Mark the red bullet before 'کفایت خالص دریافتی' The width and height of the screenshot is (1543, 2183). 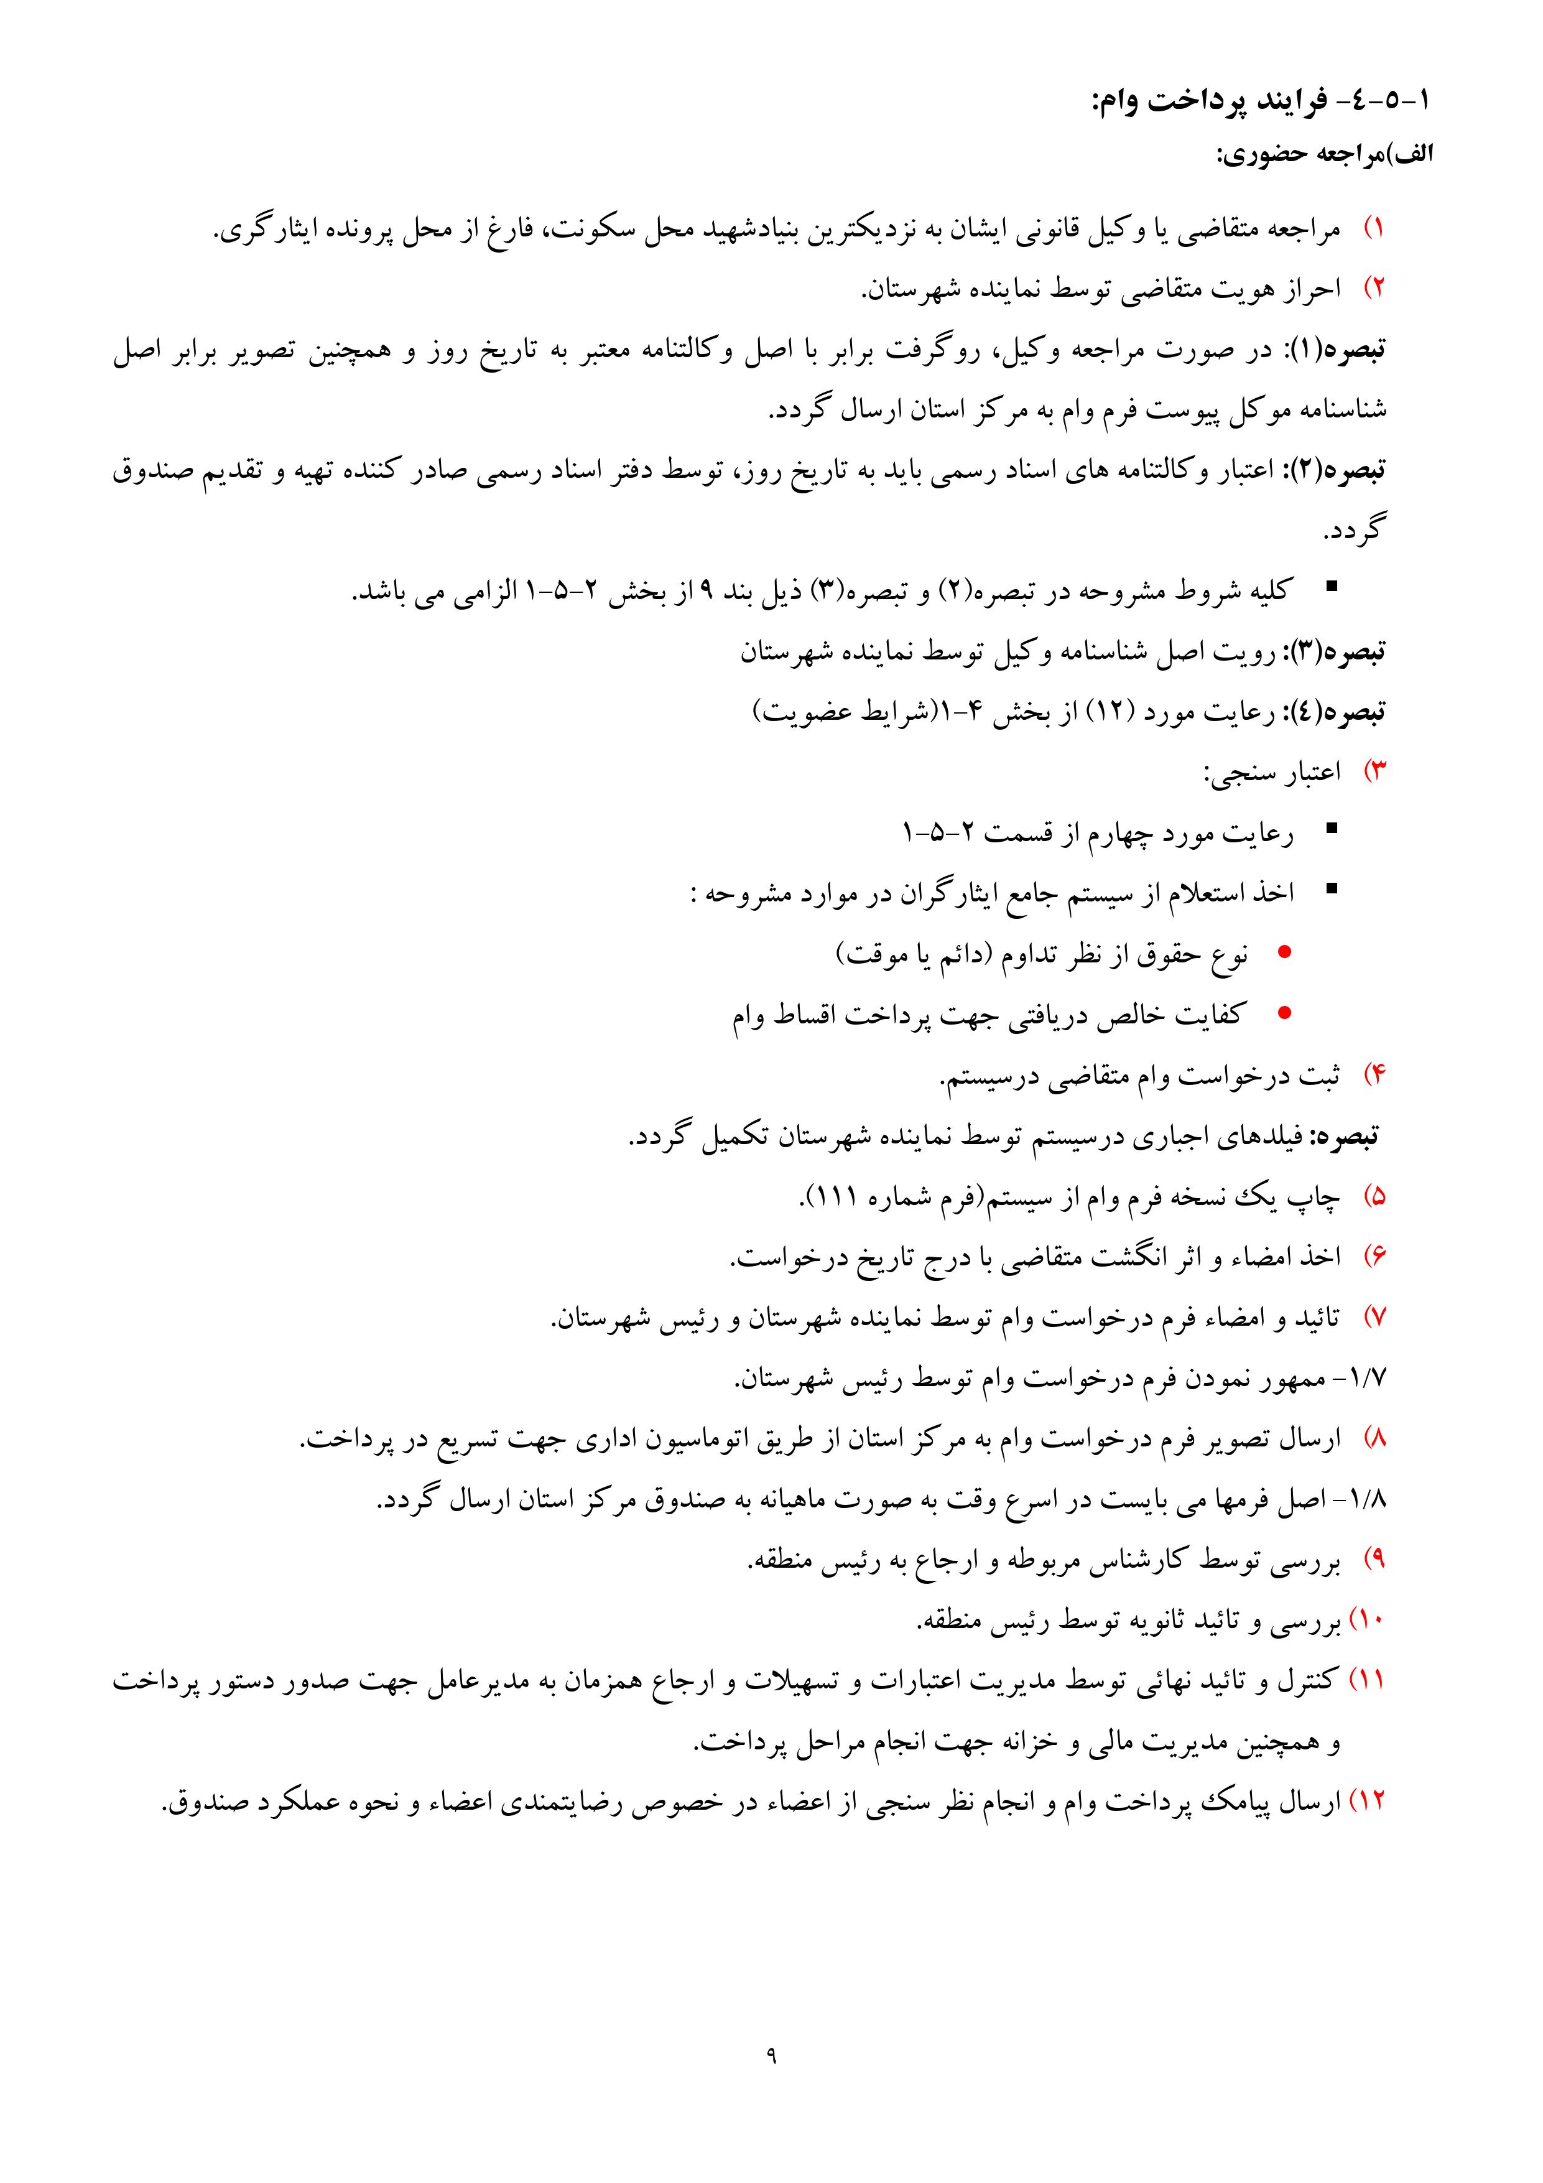pos(1284,1013)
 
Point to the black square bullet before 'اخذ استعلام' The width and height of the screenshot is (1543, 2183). pos(1331,890)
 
